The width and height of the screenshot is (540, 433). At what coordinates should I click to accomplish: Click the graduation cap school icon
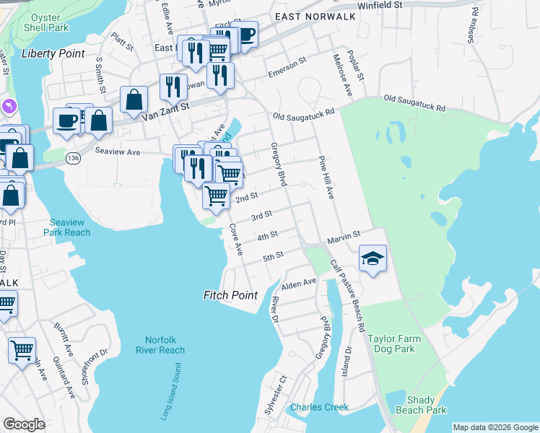373,258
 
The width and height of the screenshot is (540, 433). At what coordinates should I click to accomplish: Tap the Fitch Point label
230,295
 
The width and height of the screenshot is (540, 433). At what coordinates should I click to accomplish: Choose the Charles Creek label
319,408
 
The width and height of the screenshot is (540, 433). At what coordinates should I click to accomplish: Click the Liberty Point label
53,53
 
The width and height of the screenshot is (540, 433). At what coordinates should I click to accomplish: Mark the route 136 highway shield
74,159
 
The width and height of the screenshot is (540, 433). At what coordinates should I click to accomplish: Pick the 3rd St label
261,215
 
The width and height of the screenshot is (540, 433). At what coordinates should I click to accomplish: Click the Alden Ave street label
299,283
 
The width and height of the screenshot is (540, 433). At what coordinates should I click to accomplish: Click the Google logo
25,424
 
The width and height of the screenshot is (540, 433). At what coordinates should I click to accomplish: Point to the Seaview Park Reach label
70,227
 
